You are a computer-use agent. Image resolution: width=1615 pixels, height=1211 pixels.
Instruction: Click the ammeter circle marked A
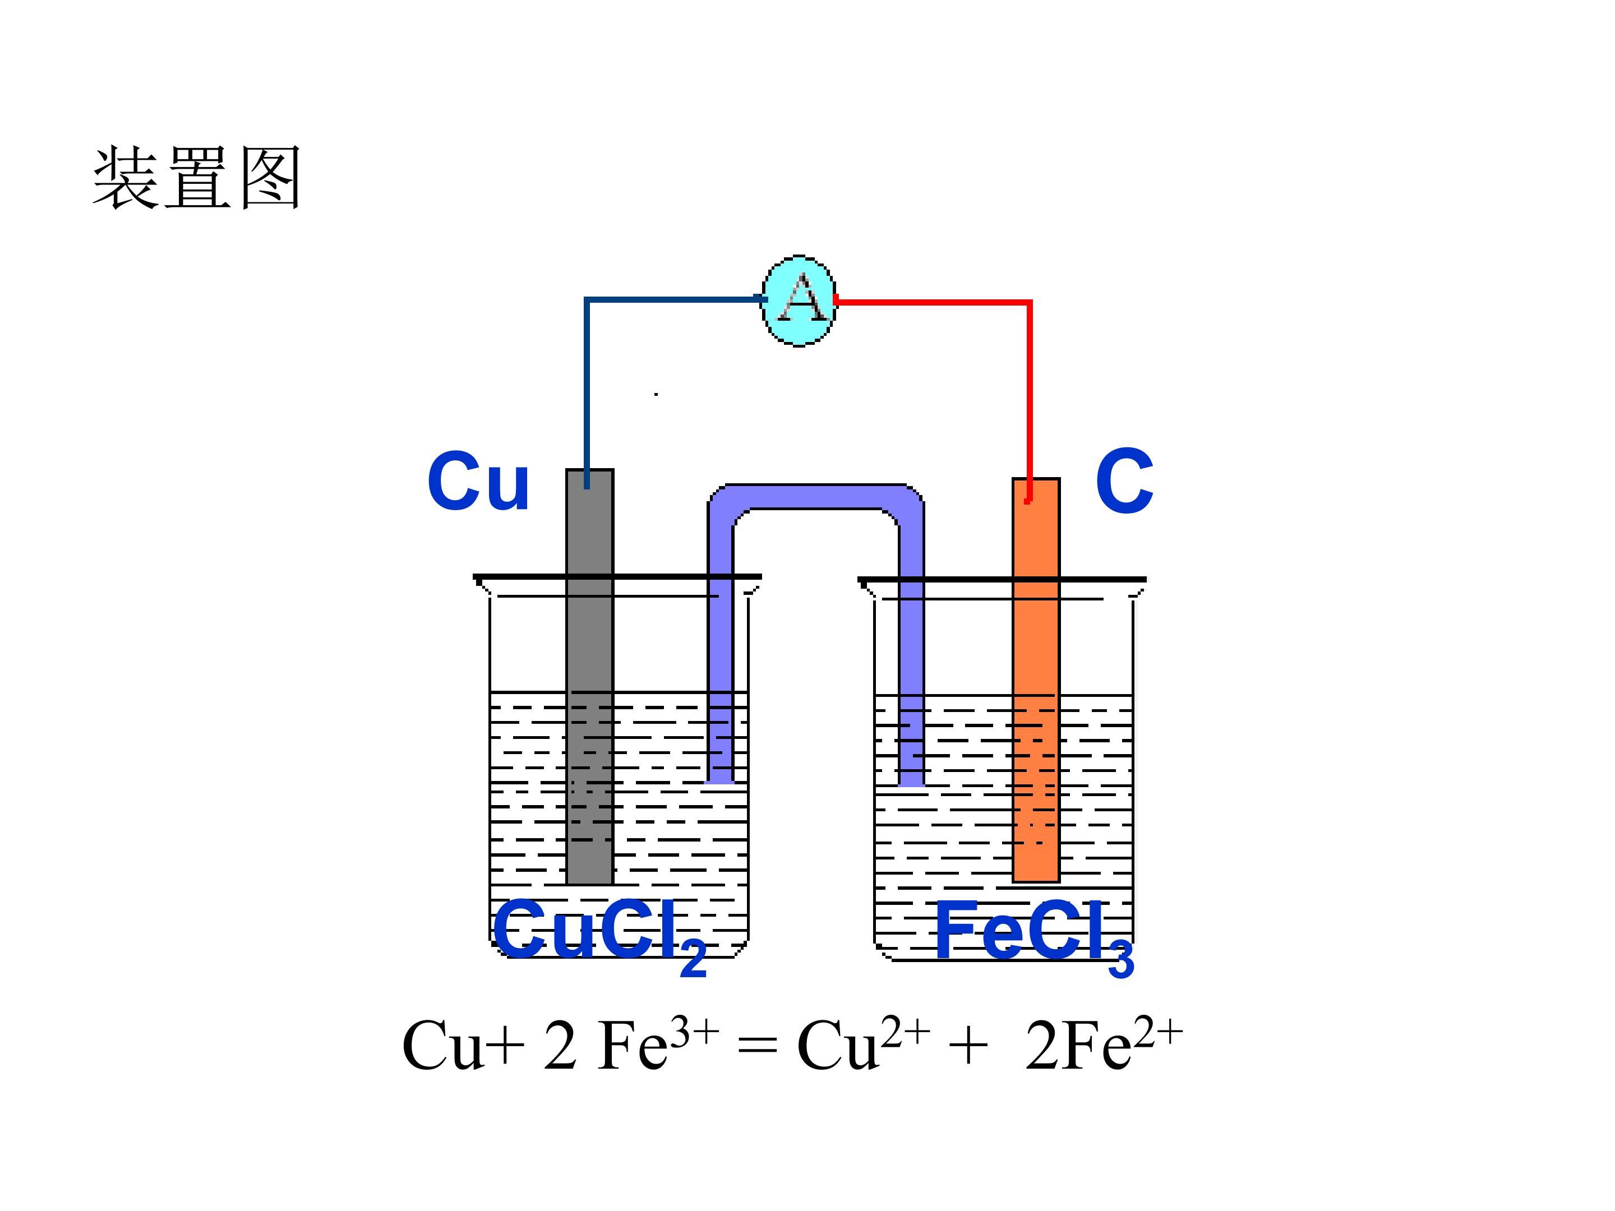(799, 301)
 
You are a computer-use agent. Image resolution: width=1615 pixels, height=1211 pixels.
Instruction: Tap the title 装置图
(196, 178)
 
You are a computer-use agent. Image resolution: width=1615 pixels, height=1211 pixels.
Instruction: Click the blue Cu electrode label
(478, 481)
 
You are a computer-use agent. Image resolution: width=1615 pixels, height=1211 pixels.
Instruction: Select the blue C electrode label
(1124, 481)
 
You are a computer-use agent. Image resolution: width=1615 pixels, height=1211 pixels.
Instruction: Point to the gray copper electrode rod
(590, 677)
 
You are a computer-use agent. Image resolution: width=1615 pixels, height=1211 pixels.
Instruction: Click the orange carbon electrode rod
(1036, 680)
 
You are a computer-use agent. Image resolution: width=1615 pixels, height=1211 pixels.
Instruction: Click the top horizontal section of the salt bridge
(815, 496)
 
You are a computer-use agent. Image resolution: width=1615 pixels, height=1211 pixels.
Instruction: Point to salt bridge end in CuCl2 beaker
(721, 780)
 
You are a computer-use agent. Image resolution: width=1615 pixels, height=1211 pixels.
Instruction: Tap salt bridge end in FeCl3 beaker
(911, 783)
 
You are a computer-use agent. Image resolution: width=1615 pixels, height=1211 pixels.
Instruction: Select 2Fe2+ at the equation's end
(1103, 1044)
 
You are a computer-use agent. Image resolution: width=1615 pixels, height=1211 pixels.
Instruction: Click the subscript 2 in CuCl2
(693, 959)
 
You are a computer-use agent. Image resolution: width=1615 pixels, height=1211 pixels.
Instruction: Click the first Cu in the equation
(442, 1047)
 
